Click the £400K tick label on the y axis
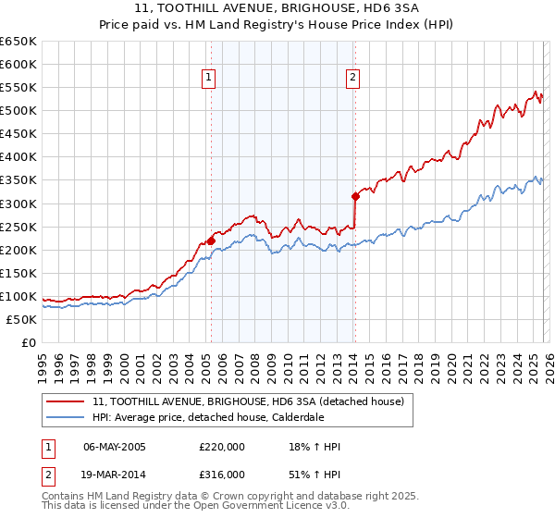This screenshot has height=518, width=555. [x=18, y=157]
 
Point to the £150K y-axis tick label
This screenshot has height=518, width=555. [x=18, y=273]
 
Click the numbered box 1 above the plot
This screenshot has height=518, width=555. [x=210, y=79]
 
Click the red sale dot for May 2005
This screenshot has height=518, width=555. [x=211, y=240]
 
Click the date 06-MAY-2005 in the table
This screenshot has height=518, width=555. [x=117, y=448]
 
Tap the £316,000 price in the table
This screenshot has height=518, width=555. [x=222, y=474]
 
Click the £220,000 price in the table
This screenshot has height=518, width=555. [x=222, y=448]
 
